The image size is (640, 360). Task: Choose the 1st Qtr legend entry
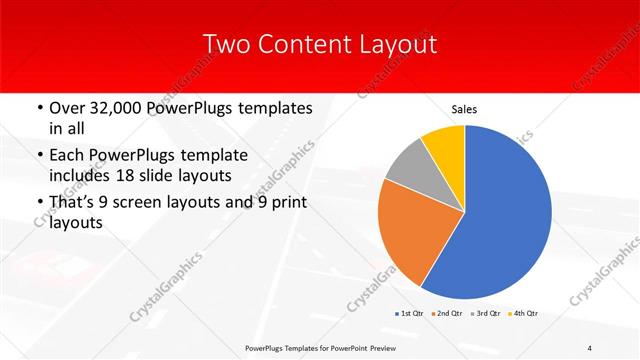click(412, 313)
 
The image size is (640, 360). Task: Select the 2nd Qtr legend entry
click(450, 313)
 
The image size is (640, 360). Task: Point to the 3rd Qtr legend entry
click(487, 313)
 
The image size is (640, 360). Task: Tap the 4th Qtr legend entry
click(524, 313)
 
